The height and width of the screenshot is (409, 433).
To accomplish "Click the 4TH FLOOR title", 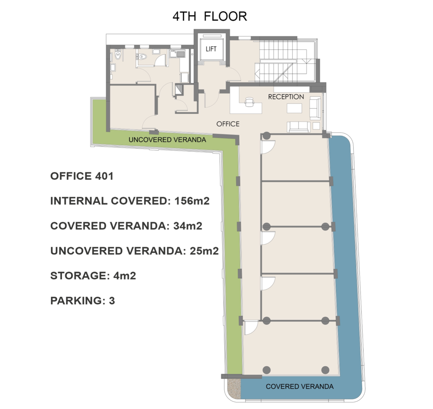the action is click(x=210, y=16).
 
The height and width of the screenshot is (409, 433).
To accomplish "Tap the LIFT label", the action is click(x=211, y=49).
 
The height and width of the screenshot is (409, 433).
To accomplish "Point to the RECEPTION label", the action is click(x=286, y=97).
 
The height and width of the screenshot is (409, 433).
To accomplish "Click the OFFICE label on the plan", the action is click(x=228, y=124).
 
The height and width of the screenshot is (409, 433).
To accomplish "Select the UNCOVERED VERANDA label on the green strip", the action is click(x=167, y=140).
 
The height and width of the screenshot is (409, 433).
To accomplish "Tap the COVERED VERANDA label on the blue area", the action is click(x=299, y=387).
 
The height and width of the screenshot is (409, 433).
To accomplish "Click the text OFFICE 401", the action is click(x=82, y=176).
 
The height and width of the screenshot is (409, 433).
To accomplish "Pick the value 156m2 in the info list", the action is click(x=192, y=201).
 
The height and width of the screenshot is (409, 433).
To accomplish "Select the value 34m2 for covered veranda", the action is click(x=188, y=226).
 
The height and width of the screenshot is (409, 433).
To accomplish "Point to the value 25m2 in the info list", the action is click(x=204, y=251).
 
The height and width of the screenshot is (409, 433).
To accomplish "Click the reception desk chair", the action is click(x=249, y=102).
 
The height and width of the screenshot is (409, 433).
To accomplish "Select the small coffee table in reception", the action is click(x=294, y=108).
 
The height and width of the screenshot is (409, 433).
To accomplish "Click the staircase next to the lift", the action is click(x=286, y=61).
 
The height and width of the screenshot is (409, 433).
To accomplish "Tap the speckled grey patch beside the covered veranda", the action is click(x=234, y=388).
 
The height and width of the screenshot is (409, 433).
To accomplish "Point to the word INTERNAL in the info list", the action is click(x=79, y=201).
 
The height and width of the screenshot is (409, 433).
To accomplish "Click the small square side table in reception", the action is click(x=316, y=126).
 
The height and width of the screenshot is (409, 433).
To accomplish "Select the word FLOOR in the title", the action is click(x=226, y=16).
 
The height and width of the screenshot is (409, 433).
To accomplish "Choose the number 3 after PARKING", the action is click(x=112, y=300).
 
